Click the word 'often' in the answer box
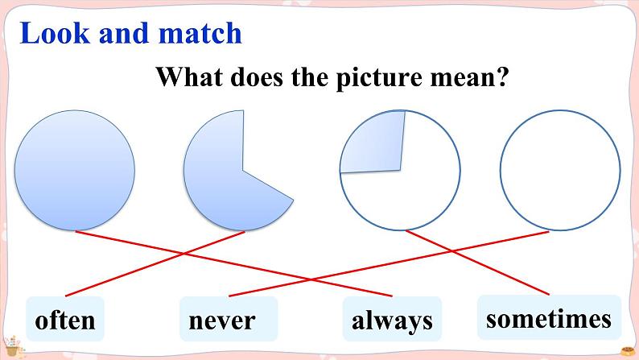tap(65, 321)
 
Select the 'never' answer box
tap(228, 320)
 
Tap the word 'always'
tap(392, 321)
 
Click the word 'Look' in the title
tap(54, 33)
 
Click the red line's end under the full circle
tap(76, 232)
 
